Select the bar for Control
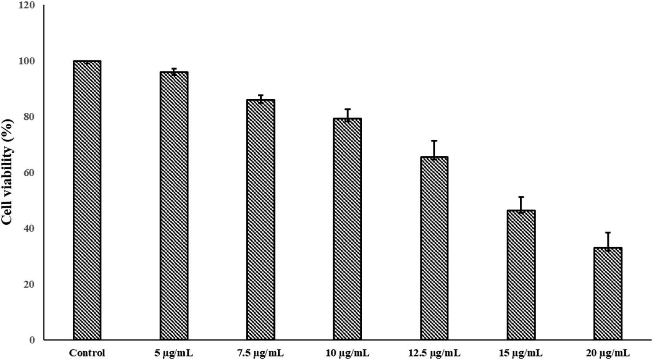click(87, 200)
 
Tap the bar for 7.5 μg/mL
click(260, 220)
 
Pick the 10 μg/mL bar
click(347, 229)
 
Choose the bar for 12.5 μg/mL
click(434, 248)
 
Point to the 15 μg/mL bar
click(521, 275)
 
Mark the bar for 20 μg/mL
click(608, 294)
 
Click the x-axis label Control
click(87, 353)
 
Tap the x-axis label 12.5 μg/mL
click(434, 353)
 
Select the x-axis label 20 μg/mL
click(608, 353)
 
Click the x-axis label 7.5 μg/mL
click(260, 353)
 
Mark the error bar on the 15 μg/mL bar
click(521, 204)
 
